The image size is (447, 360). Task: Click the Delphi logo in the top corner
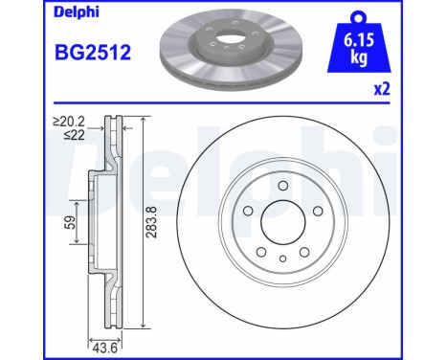tap(34, 12)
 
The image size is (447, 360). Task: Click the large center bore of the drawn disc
tap(282, 223)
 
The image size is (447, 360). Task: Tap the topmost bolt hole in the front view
tap(282, 186)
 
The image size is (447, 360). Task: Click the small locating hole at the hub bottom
tap(282, 259)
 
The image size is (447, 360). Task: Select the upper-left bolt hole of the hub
tap(247, 212)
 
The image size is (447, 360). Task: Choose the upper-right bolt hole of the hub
tap(318, 212)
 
